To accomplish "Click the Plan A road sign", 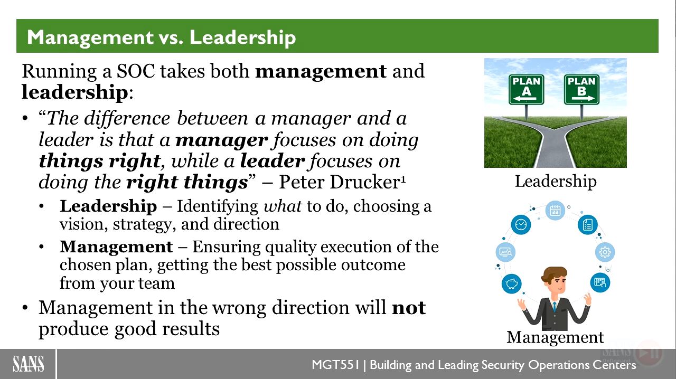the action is click(x=527, y=90).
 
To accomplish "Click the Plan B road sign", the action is click(x=581, y=90).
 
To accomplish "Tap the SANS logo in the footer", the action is click(x=28, y=364).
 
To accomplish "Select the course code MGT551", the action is click(x=335, y=365).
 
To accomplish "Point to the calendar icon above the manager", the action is click(x=555, y=210).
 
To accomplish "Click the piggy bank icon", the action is click(x=511, y=283).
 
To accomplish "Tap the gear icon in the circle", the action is click(x=605, y=252).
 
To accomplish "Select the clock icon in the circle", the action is click(x=521, y=225).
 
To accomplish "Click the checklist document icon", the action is click(x=588, y=225).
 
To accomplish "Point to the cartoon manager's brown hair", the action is click(x=554, y=273).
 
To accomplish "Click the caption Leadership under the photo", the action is click(x=556, y=182).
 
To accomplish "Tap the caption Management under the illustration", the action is click(x=555, y=337).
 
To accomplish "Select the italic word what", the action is click(x=283, y=206).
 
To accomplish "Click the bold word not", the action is click(x=409, y=308).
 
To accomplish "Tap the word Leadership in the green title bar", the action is click(x=242, y=37).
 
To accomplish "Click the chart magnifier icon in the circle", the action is click(x=505, y=252).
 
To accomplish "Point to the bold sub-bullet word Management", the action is click(x=116, y=247).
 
